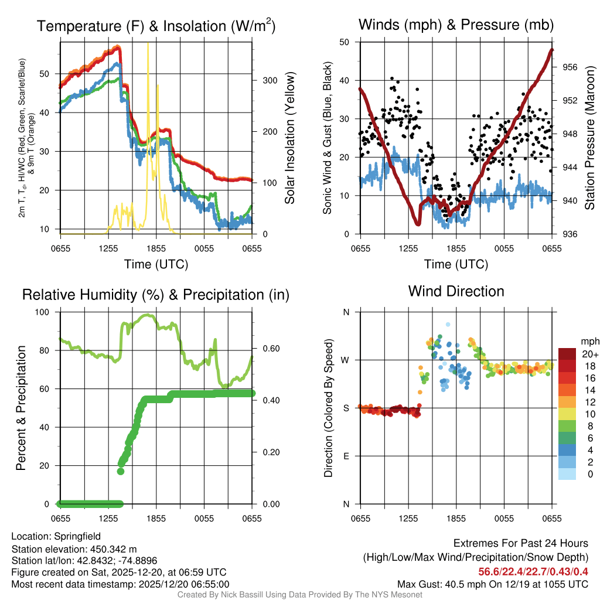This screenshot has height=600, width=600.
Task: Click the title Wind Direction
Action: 456,291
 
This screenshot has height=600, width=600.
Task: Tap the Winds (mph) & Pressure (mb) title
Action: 456,25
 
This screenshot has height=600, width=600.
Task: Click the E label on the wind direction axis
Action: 346,456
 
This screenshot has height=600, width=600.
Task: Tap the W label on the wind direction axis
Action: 346,360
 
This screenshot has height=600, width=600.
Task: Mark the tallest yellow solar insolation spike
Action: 148,45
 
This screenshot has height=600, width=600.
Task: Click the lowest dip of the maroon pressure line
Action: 418,223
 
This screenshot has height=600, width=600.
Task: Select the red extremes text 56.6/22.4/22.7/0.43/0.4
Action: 533,572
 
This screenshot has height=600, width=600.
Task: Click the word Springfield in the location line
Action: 77,536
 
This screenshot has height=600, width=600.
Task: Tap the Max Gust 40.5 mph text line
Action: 492,584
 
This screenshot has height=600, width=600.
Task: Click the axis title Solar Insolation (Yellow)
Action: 289,138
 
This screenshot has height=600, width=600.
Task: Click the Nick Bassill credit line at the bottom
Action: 299,595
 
